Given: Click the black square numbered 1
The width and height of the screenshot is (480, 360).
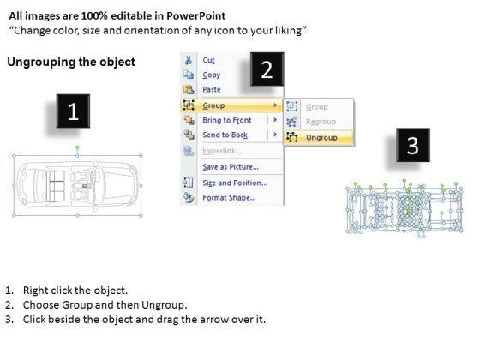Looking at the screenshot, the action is (73, 111).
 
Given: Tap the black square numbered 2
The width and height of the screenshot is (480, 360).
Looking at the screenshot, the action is (267, 69).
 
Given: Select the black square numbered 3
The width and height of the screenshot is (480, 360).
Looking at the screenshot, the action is (413, 145).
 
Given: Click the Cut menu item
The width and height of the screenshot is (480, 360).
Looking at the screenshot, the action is (208, 60).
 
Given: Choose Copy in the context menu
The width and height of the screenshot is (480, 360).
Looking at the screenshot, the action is (211, 75).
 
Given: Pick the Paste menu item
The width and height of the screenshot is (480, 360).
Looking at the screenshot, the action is (212, 89).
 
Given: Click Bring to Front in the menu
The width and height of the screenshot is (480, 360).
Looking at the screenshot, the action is (227, 120).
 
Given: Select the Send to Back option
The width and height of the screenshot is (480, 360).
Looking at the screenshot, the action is (225, 135).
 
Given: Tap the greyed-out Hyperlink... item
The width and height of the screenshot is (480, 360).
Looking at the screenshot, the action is (222, 151).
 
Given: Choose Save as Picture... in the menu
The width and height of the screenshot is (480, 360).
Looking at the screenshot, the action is (231, 167).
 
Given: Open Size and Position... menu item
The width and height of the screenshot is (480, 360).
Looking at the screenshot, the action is (235, 183).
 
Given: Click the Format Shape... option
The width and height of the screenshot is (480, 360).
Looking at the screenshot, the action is (230, 197).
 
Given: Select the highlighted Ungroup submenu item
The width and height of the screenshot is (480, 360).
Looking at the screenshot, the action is (321, 138).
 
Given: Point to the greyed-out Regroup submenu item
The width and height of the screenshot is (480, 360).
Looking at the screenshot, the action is (321, 122).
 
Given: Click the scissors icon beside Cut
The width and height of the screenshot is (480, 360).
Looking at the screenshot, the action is (189, 60).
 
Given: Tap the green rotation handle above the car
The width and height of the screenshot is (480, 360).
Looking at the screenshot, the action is (77, 147).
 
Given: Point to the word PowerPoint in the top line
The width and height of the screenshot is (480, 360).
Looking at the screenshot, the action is (196, 15).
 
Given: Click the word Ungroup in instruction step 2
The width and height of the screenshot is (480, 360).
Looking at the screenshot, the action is (164, 305).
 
